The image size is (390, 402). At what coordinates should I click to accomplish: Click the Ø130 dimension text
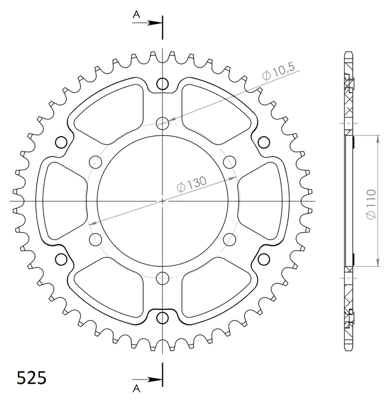[191, 184]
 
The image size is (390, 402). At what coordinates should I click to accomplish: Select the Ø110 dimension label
[371, 205]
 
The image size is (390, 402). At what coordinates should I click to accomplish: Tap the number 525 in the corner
[31, 377]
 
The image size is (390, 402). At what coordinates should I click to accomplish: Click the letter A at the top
[136, 15]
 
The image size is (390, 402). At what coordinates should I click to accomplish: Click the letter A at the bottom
[136, 388]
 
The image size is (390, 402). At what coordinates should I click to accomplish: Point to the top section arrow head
[155, 23]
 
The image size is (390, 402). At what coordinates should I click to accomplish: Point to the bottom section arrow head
[155, 379]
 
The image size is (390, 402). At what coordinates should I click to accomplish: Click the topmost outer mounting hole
[162, 84]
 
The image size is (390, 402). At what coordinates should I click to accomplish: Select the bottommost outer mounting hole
[162, 318]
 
